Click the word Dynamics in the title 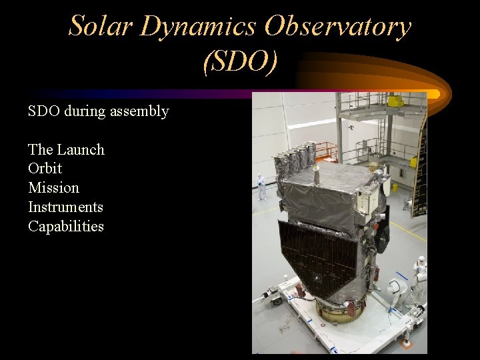(198, 27)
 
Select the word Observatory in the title (338, 27)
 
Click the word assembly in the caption (141, 111)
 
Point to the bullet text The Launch (66, 149)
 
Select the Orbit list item (45, 169)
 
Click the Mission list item (53, 188)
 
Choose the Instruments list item (65, 207)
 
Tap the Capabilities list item (65, 227)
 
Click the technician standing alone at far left (261, 187)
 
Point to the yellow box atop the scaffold (396, 101)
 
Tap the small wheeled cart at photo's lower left (273, 295)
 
